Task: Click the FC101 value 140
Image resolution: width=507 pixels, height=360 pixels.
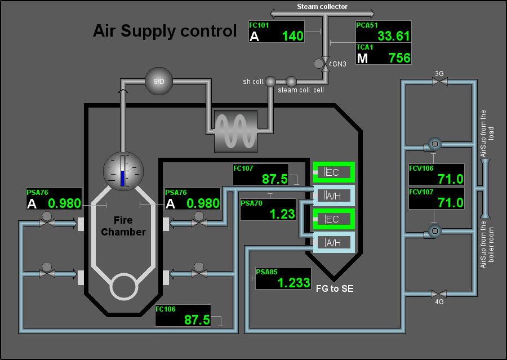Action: click(x=292, y=36)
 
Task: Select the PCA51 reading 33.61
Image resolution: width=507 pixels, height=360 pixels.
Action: click(x=394, y=36)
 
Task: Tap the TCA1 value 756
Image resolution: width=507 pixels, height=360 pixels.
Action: click(x=399, y=58)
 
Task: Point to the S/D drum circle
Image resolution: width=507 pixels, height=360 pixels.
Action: click(x=159, y=81)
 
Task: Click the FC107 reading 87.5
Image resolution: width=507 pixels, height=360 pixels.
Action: click(x=274, y=179)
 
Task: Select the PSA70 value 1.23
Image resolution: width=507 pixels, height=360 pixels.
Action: click(x=282, y=214)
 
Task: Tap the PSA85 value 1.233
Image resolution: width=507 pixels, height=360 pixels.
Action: click(x=294, y=283)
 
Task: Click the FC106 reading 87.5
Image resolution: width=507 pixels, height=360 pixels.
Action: click(x=197, y=320)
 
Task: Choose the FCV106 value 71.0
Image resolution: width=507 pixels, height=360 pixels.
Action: click(x=451, y=179)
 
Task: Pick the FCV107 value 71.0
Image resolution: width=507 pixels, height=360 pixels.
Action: click(x=451, y=203)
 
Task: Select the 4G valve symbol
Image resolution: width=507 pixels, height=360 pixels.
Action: click(x=439, y=294)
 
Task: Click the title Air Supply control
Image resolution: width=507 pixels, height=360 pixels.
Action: click(x=165, y=31)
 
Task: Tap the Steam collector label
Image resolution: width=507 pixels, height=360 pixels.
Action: click(x=322, y=6)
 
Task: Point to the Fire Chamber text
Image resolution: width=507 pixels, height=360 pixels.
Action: click(x=123, y=226)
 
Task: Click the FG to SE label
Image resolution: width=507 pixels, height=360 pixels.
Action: click(x=335, y=288)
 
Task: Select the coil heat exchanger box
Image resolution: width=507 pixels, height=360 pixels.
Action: click(x=235, y=131)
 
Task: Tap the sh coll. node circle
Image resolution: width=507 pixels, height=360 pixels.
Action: click(x=270, y=82)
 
